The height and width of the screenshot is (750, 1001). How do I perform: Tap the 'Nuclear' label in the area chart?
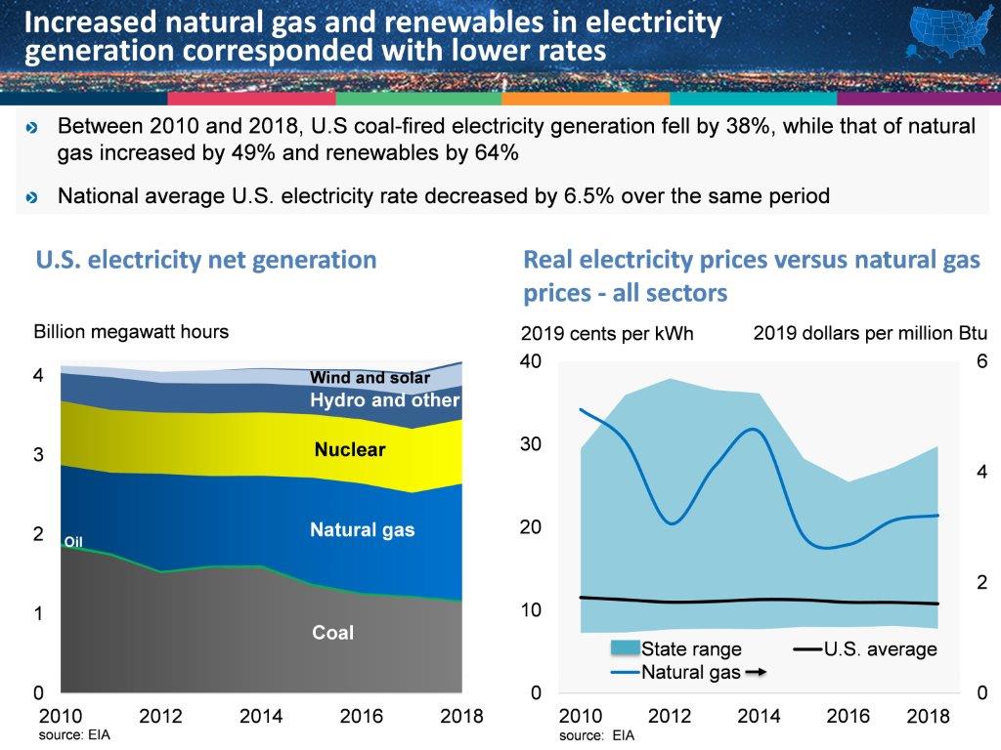click(349, 450)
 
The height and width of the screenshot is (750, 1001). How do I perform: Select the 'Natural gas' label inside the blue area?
click(362, 530)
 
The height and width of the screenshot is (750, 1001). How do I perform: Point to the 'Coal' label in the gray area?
click(332, 633)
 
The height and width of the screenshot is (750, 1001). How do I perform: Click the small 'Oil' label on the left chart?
click(73, 541)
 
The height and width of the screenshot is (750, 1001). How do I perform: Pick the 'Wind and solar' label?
click(370, 378)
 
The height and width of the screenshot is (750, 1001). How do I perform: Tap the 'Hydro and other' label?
click(384, 400)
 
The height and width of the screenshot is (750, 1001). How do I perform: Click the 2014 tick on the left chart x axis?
click(261, 716)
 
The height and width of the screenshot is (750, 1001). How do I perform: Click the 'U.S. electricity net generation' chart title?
click(206, 260)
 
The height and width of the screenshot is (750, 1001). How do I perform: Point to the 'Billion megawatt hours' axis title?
click(131, 331)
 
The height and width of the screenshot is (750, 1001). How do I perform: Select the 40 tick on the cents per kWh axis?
click(530, 361)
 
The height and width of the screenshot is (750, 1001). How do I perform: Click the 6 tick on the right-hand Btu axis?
click(981, 361)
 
